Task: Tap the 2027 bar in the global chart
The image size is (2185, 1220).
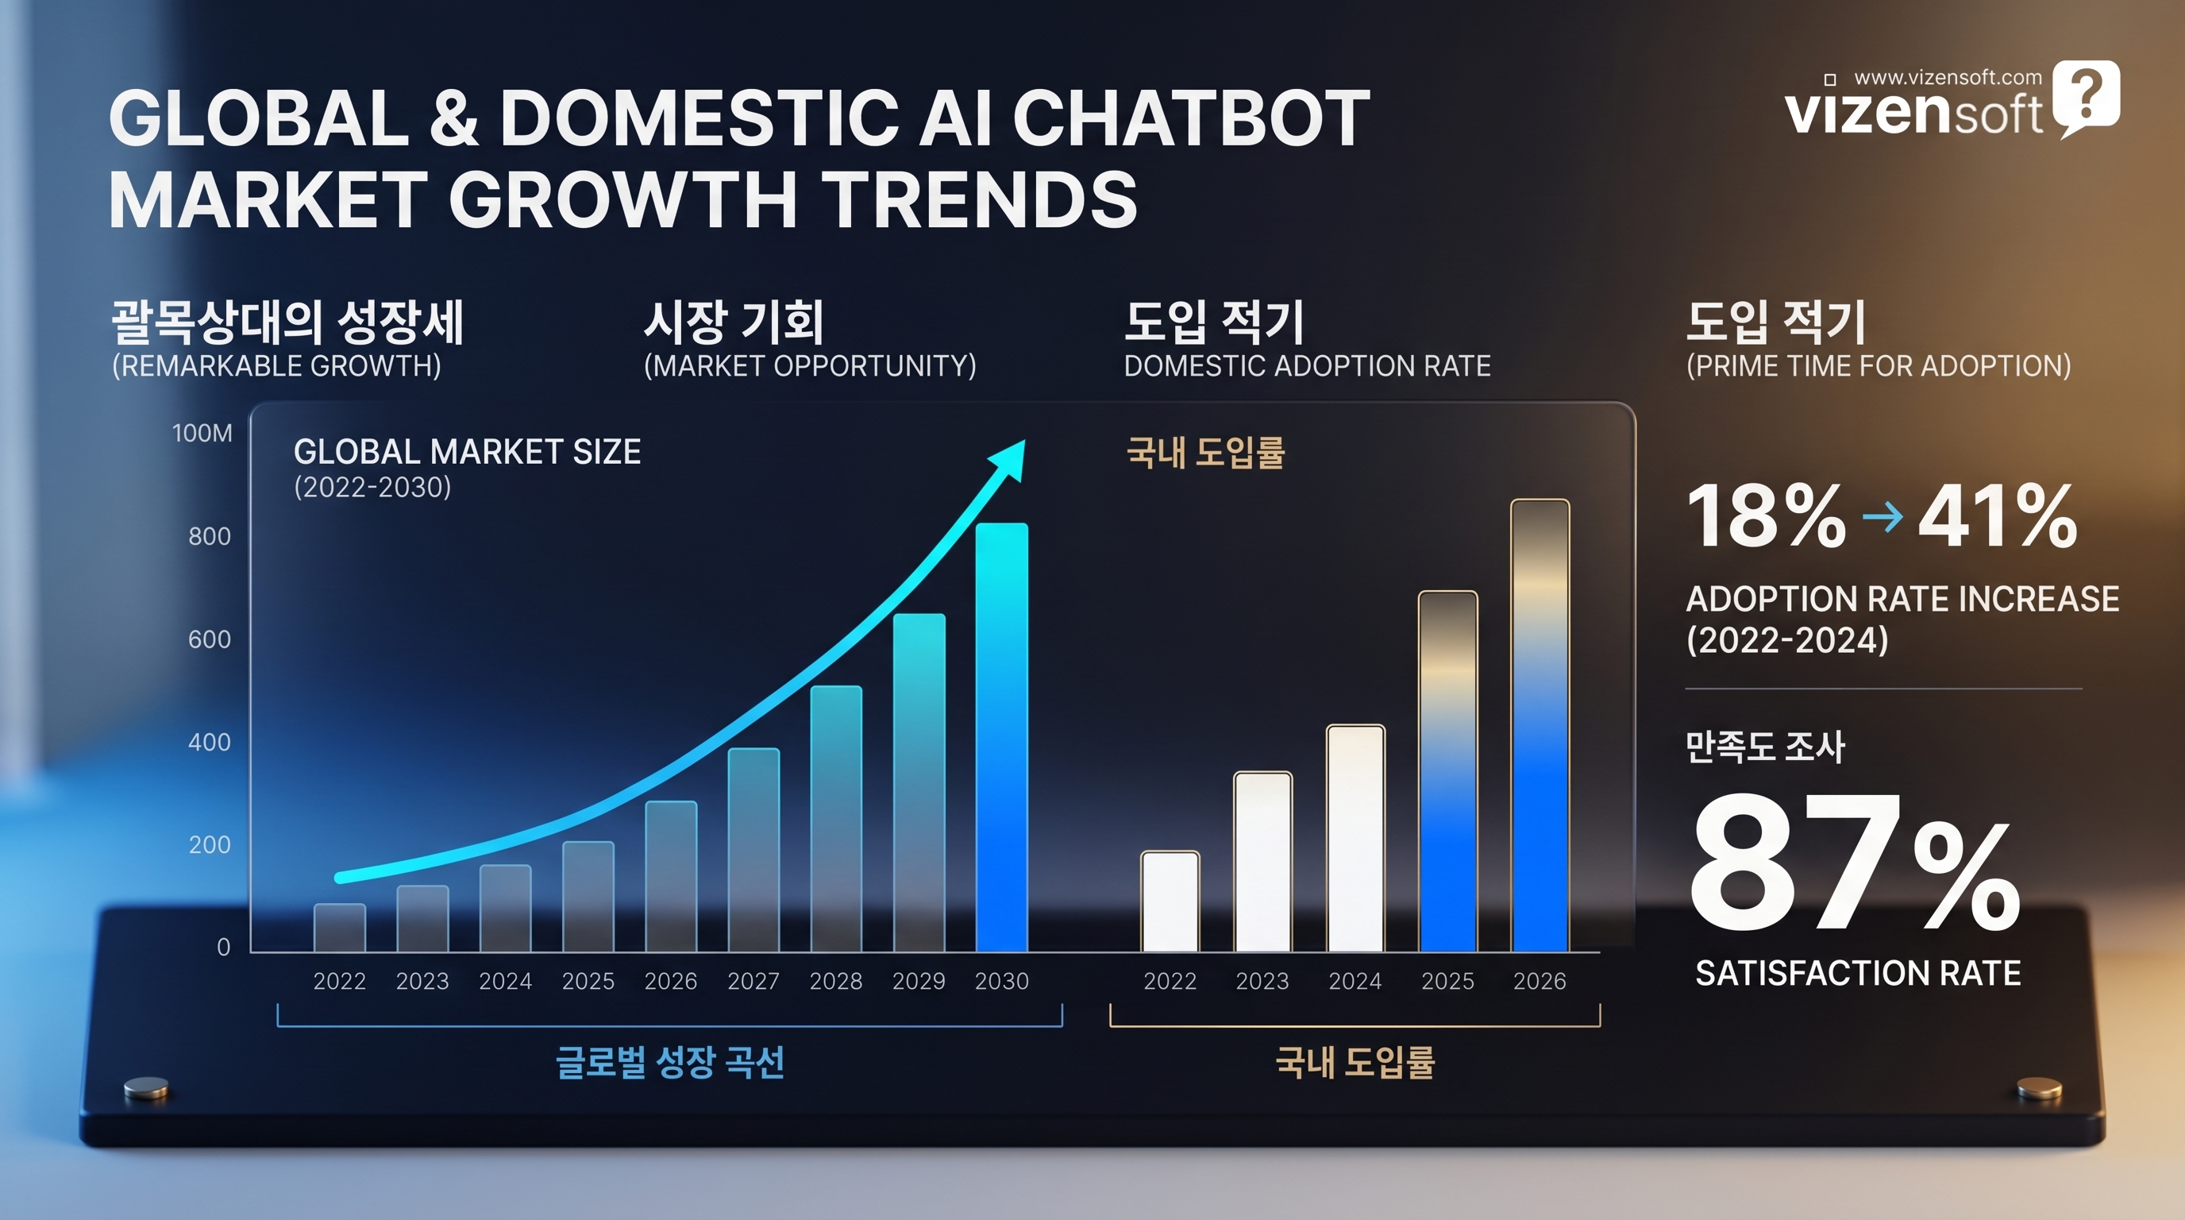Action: click(753, 848)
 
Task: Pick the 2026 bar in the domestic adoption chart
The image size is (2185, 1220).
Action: click(1540, 725)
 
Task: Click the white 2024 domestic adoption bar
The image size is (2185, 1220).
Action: click(1355, 837)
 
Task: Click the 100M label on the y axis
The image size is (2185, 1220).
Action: click(202, 434)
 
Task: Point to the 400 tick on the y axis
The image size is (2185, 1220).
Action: click(209, 743)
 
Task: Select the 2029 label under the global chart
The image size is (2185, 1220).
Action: click(919, 982)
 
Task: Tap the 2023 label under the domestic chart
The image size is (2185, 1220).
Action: click(1262, 982)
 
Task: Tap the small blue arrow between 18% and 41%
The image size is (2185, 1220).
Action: click(1882, 515)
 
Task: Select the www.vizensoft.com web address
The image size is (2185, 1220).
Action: click(1948, 77)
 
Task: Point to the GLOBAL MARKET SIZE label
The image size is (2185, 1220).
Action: click(467, 452)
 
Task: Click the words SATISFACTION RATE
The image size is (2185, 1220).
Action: click(1858, 973)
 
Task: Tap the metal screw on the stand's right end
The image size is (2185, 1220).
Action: click(2038, 1087)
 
